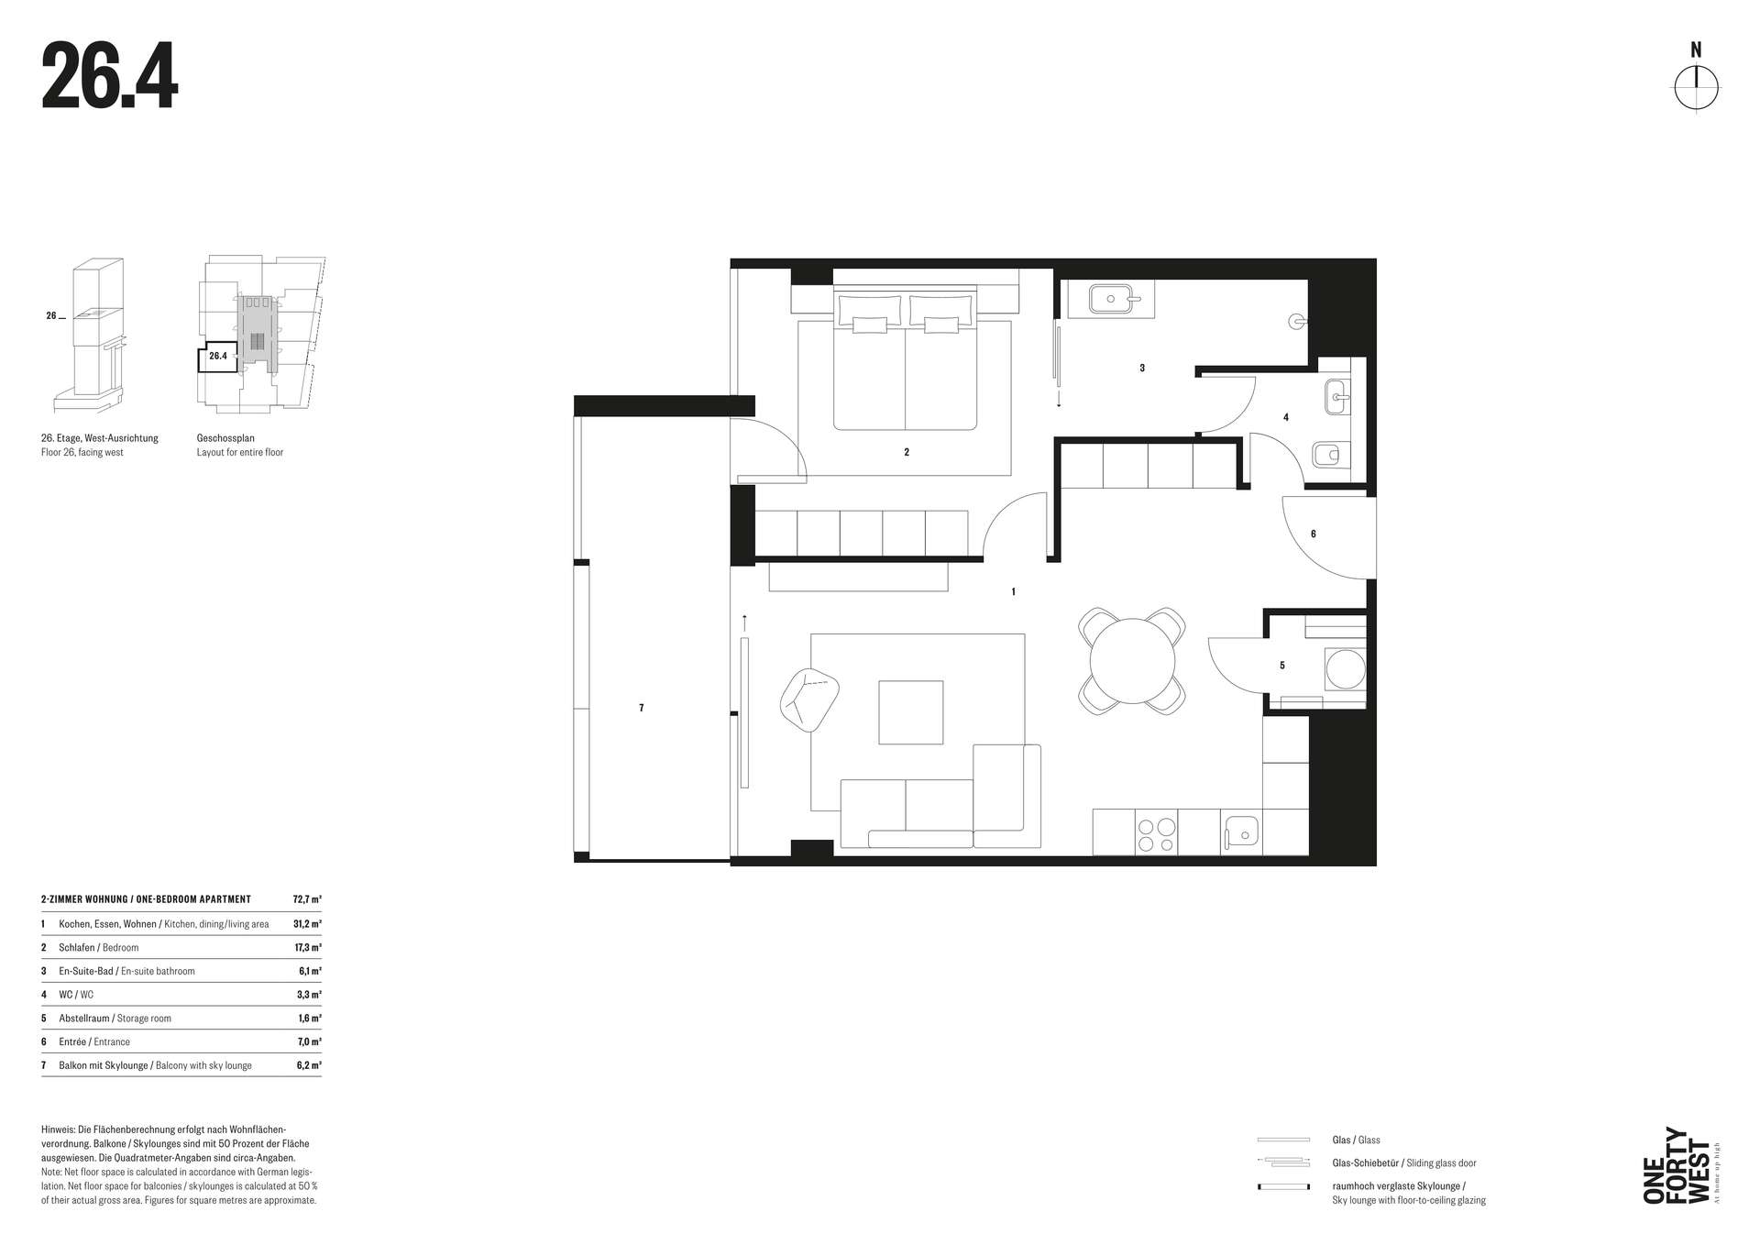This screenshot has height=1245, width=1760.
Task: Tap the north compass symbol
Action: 1696,89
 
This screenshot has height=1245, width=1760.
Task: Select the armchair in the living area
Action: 809,700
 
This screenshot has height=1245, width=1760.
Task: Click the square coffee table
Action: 910,712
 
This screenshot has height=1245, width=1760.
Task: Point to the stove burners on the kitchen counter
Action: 1156,832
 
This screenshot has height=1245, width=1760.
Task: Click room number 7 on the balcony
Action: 642,708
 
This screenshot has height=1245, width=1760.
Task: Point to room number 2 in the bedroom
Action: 907,452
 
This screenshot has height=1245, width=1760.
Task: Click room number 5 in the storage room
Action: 1281,666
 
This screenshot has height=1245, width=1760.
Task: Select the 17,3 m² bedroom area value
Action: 308,947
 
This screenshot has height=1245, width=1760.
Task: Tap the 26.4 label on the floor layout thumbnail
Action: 218,356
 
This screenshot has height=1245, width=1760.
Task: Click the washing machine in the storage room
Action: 1345,669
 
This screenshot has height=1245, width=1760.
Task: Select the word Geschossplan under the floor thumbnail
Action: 225,438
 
